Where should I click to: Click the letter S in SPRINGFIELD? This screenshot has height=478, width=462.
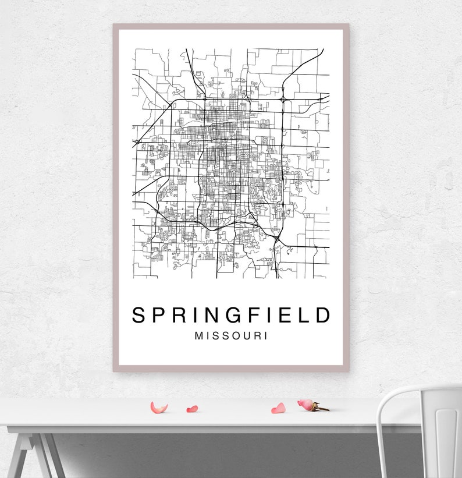(x=138, y=315)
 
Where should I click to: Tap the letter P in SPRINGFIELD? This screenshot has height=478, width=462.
(x=159, y=315)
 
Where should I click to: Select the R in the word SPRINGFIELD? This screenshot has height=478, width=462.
(x=181, y=315)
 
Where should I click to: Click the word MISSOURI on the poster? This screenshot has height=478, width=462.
(x=232, y=336)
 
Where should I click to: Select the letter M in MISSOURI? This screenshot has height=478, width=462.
(x=200, y=336)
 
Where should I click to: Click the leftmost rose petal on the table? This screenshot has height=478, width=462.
(x=158, y=408)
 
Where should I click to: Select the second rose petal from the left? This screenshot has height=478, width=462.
(x=192, y=409)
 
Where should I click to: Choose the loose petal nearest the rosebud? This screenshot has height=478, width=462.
(x=279, y=408)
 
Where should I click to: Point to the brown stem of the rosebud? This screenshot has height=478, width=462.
(x=321, y=408)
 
